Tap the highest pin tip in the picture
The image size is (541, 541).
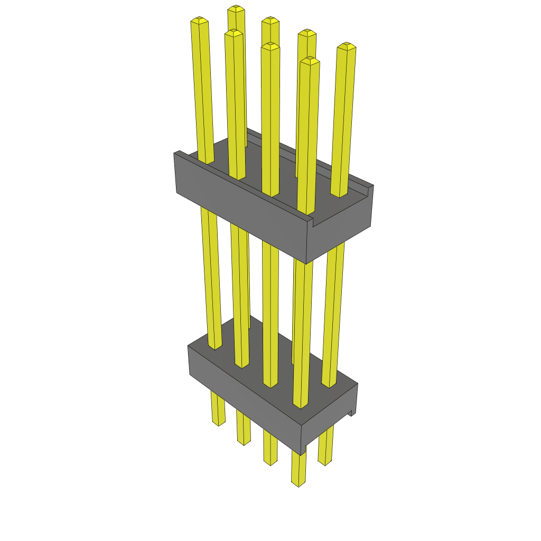[x=236, y=8]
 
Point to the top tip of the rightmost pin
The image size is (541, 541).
[x=346, y=46]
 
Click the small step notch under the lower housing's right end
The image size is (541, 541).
[x=350, y=413]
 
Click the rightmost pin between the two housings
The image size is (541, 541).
[x=333, y=312]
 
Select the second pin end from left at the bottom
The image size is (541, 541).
[x=244, y=441]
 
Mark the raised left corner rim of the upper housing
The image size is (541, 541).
[x=180, y=154]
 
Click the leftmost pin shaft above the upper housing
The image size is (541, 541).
[x=203, y=90]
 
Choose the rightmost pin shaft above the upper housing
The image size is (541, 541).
[x=342, y=122]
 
